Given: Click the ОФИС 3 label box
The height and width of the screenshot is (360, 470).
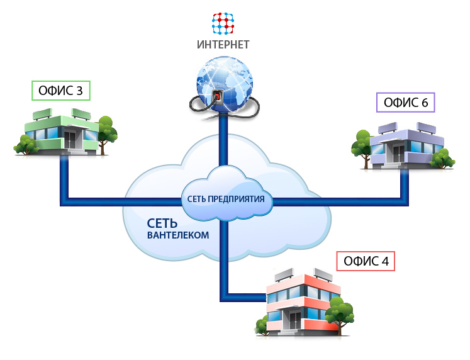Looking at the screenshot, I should point(60,91).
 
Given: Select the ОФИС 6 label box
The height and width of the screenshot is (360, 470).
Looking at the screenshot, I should point(406,102).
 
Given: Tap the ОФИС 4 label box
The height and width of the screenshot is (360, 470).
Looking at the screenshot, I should point(366,261).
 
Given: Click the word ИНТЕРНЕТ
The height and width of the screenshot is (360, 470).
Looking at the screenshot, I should point(223,45).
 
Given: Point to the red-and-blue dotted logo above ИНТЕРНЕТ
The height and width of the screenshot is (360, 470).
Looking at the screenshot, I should point(223,23).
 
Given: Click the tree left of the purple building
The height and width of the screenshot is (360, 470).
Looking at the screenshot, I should point(363,144).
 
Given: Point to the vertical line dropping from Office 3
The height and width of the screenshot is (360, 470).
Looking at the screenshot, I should point(64,179).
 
